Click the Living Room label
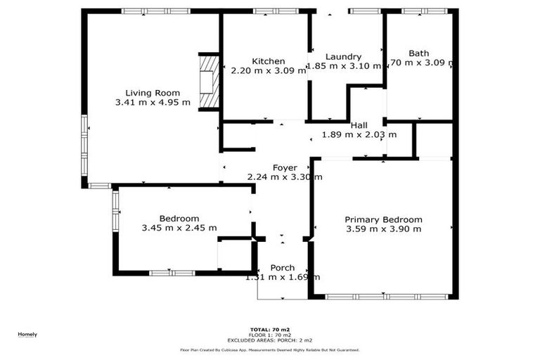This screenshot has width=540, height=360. (153, 93)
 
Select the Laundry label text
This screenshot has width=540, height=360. (344, 57)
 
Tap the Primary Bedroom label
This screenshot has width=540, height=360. (384, 219)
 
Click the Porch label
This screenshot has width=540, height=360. (283, 268)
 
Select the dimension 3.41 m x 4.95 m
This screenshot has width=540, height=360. (153, 103)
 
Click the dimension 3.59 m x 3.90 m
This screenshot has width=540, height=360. (384, 229)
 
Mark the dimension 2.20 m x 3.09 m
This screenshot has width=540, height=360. (269, 70)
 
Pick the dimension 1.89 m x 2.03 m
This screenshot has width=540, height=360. (359, 134)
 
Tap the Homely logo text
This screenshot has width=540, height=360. (27, 334)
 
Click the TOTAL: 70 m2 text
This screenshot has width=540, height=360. (270, 329)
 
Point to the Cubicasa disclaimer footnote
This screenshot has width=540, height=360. (270, 349)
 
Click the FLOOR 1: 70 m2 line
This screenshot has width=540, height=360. (270, 334)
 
